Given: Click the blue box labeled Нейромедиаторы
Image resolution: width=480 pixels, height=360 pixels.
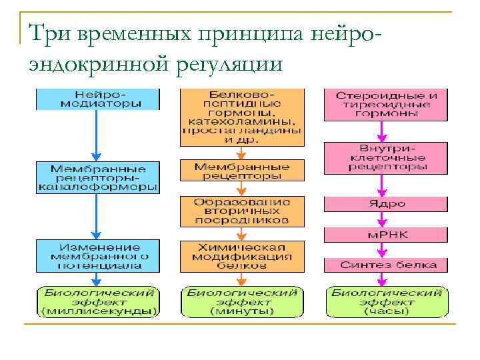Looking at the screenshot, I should [x=98, y=99].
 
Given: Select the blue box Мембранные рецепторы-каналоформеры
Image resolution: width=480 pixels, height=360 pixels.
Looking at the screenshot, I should [x=98, y=177].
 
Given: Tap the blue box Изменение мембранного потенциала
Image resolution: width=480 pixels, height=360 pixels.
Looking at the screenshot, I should [x=98, y=256].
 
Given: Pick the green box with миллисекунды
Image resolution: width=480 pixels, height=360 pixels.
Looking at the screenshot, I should [x=98, y=302].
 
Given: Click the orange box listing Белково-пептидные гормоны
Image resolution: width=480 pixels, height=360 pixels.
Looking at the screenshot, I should [x=241, y=117].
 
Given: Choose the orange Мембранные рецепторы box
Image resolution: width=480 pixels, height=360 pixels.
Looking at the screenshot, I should [x=241, y=171].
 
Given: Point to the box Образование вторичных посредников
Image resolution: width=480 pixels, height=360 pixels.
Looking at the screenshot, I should [x=241, y=210].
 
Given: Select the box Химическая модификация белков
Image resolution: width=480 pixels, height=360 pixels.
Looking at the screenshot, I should [x=241, y=256].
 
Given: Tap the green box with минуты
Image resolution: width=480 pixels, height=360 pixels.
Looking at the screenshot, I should [x=241, y=302].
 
